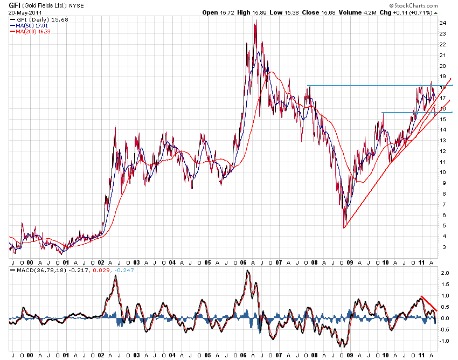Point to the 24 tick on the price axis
pos(442,23)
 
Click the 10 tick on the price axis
pos(442,172)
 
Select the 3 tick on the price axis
pos(442,247)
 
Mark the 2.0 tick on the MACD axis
pos(444,273)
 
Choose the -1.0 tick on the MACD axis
pos(444,341)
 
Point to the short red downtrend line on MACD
pos(429,303)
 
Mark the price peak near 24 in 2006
pos(254,22)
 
